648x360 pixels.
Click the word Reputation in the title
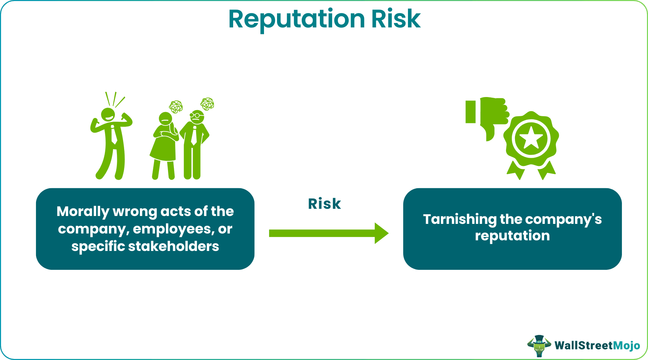coord(297,19)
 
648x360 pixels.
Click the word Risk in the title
coord(396,19)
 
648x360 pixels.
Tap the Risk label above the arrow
coord(324,204)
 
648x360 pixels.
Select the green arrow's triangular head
coord(381,233)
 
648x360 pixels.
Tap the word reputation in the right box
coord(512,236)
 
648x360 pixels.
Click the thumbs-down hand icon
coord(489,115)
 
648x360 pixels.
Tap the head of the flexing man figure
coord(108,114)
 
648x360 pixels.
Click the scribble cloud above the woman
coord(176,107)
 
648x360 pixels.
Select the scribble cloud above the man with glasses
coord(207,104)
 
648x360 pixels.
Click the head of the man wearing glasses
coord(197,117)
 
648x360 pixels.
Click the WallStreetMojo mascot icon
coord(539,345)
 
